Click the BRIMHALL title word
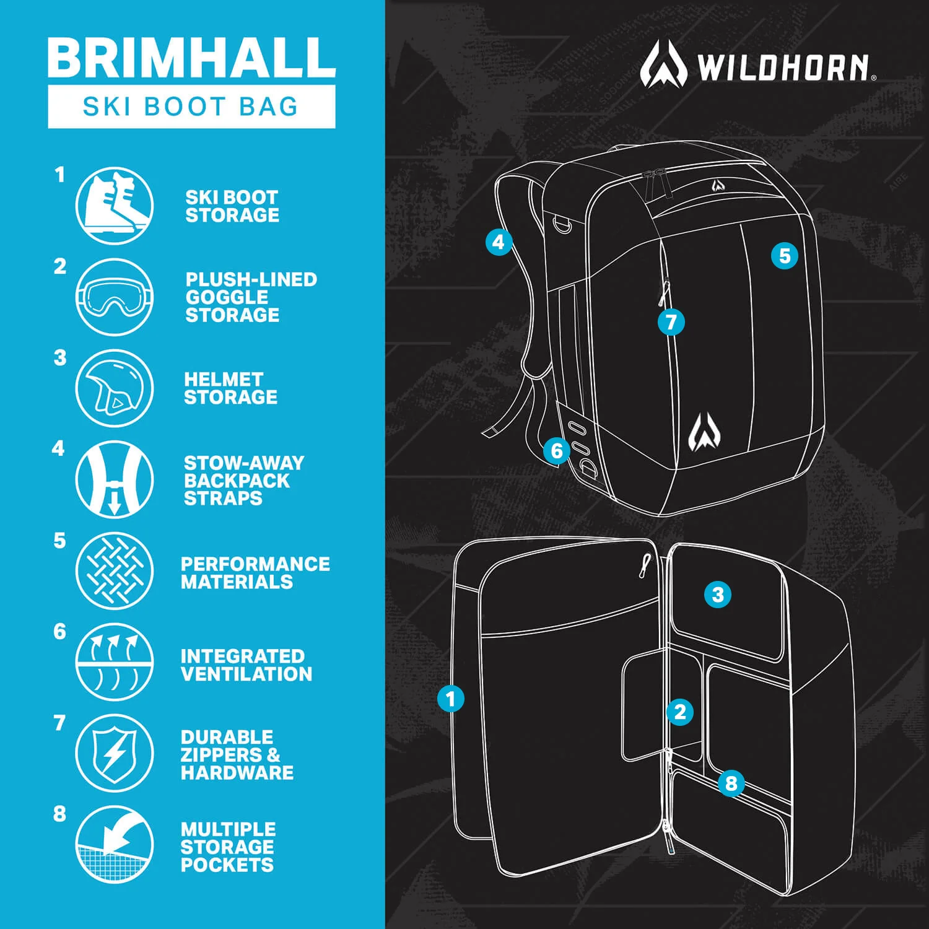191,57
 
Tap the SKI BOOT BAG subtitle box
191,107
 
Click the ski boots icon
115,205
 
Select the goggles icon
115,297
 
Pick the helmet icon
115,388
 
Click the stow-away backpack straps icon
115,479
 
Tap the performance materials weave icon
115,570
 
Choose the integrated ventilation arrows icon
115,662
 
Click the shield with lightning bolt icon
115,753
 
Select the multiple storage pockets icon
115,844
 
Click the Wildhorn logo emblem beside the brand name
663,64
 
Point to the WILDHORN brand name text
783,68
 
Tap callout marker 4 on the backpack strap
499,242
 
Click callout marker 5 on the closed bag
784,256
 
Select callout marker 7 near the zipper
671,322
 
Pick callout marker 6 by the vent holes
556,450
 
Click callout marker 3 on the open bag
717,595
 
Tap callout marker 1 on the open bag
450,699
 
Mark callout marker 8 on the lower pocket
731,783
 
